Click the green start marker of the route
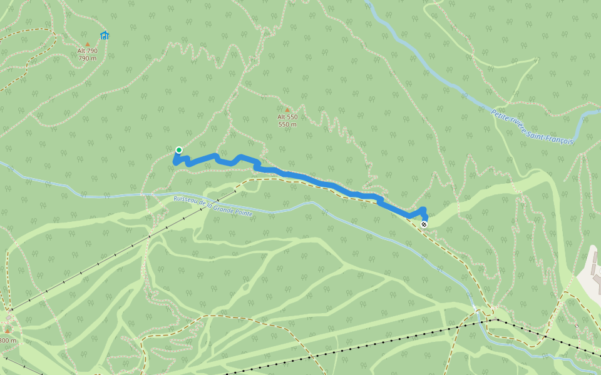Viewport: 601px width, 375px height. click(178, 150)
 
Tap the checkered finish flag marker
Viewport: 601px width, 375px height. click(424, 224)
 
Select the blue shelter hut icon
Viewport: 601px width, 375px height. click(105, 36)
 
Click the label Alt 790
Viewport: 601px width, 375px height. click(88, 51)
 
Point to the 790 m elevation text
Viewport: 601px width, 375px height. click(88, 58)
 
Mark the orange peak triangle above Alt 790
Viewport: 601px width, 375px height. click(88, 44)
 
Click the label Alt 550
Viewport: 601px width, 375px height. click(287, 117)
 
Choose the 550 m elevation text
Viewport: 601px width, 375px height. click(287, 124)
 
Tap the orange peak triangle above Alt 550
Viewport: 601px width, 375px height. click(287, 110)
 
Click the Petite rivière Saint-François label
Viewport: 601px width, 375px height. click(532, 127)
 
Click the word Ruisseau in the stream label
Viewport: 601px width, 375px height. click(187, 200)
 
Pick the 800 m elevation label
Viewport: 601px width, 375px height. click(8, 341)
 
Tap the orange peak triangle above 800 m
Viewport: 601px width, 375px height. click(8, 331)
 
